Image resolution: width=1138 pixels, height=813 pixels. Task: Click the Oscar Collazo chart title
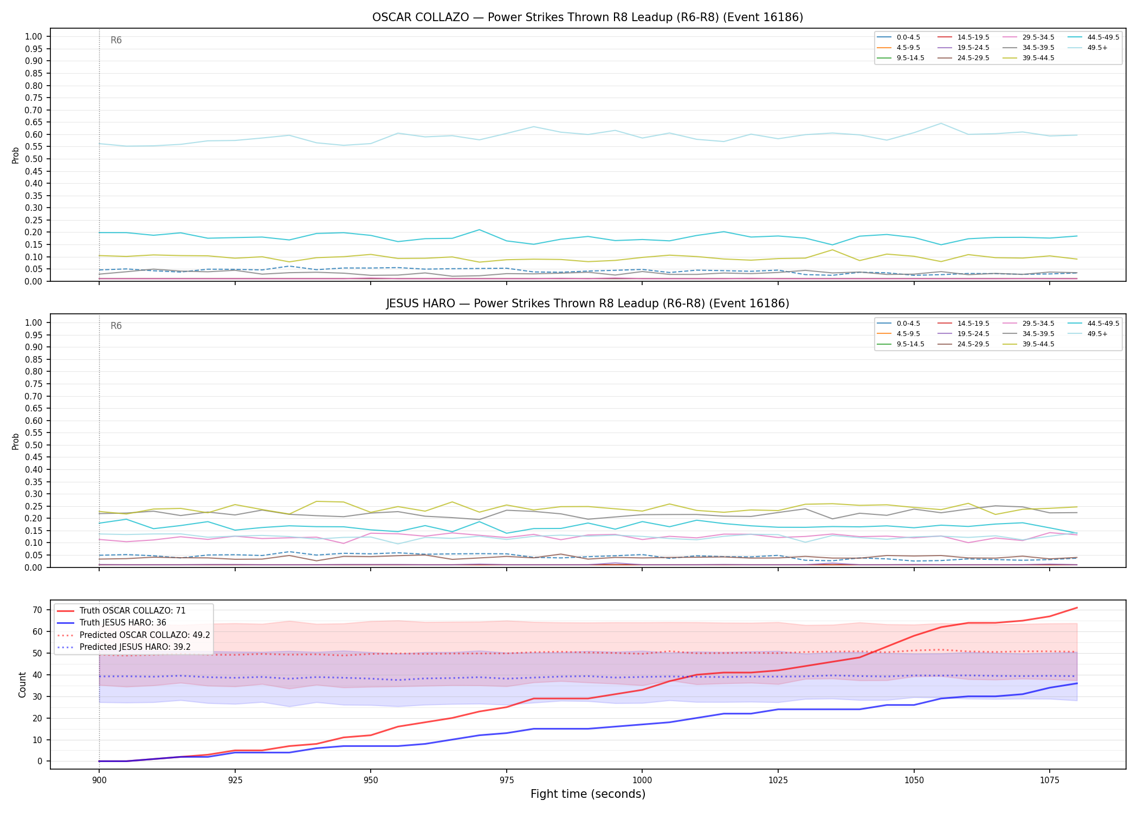[x=587, y=17]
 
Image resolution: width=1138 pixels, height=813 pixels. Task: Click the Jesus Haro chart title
[x=587, y=304]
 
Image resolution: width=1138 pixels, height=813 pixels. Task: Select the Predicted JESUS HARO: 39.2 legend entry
[x=133, y=647]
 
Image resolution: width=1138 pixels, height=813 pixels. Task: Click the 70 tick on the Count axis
[x=37, y=610]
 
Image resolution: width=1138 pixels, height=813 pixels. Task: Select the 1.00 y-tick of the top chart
[x=34, y=37]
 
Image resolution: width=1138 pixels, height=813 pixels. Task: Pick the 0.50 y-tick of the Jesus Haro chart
[x=34, y=445]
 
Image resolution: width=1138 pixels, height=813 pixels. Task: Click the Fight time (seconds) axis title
[x=588, y=794]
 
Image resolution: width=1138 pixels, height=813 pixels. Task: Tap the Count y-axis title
[x=22, y=685]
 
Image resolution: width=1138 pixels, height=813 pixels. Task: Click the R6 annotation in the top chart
[x=116, y=41]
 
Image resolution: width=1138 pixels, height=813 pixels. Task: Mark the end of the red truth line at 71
[x=1077, y=608]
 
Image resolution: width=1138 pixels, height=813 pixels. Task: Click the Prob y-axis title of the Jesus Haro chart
[x=16, y=441]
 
